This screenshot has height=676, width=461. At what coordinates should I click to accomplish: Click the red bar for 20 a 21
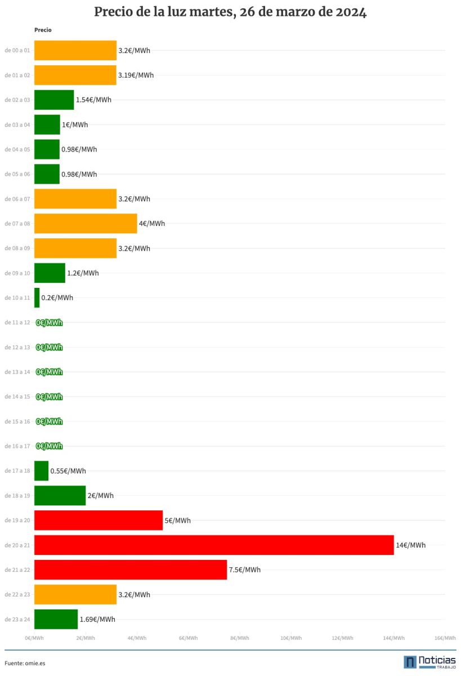(214, 545)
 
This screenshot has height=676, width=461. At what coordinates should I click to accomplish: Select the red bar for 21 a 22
(131, 570)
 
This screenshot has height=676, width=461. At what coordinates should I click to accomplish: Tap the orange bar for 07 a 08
(86, 223)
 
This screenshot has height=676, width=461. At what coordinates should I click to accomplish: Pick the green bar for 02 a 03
(54, 100)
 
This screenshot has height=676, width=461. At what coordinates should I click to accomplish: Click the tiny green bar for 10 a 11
(37, 297)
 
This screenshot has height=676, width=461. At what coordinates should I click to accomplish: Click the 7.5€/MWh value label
(245, 570)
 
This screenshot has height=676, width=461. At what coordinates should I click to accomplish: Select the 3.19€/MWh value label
(136, 75)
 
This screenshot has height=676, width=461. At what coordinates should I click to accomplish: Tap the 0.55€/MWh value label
(68, 471)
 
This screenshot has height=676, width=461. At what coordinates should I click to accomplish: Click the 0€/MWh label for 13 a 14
(50, 372)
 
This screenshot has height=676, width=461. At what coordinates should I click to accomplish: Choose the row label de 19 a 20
(17, 520)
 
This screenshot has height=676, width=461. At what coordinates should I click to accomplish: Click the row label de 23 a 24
(17, 619)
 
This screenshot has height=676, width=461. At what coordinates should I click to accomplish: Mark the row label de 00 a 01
(17, 50)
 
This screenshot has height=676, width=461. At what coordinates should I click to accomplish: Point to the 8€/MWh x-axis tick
(240, 638)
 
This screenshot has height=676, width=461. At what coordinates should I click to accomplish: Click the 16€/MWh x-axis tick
(445, 638)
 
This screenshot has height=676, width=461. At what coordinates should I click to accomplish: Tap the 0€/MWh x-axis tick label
(34, 638)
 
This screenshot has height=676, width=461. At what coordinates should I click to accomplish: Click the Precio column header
(43, 30)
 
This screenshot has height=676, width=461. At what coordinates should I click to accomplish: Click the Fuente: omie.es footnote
(25, 663)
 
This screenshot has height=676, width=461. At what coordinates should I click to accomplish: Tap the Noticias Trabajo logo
(429, 662)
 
